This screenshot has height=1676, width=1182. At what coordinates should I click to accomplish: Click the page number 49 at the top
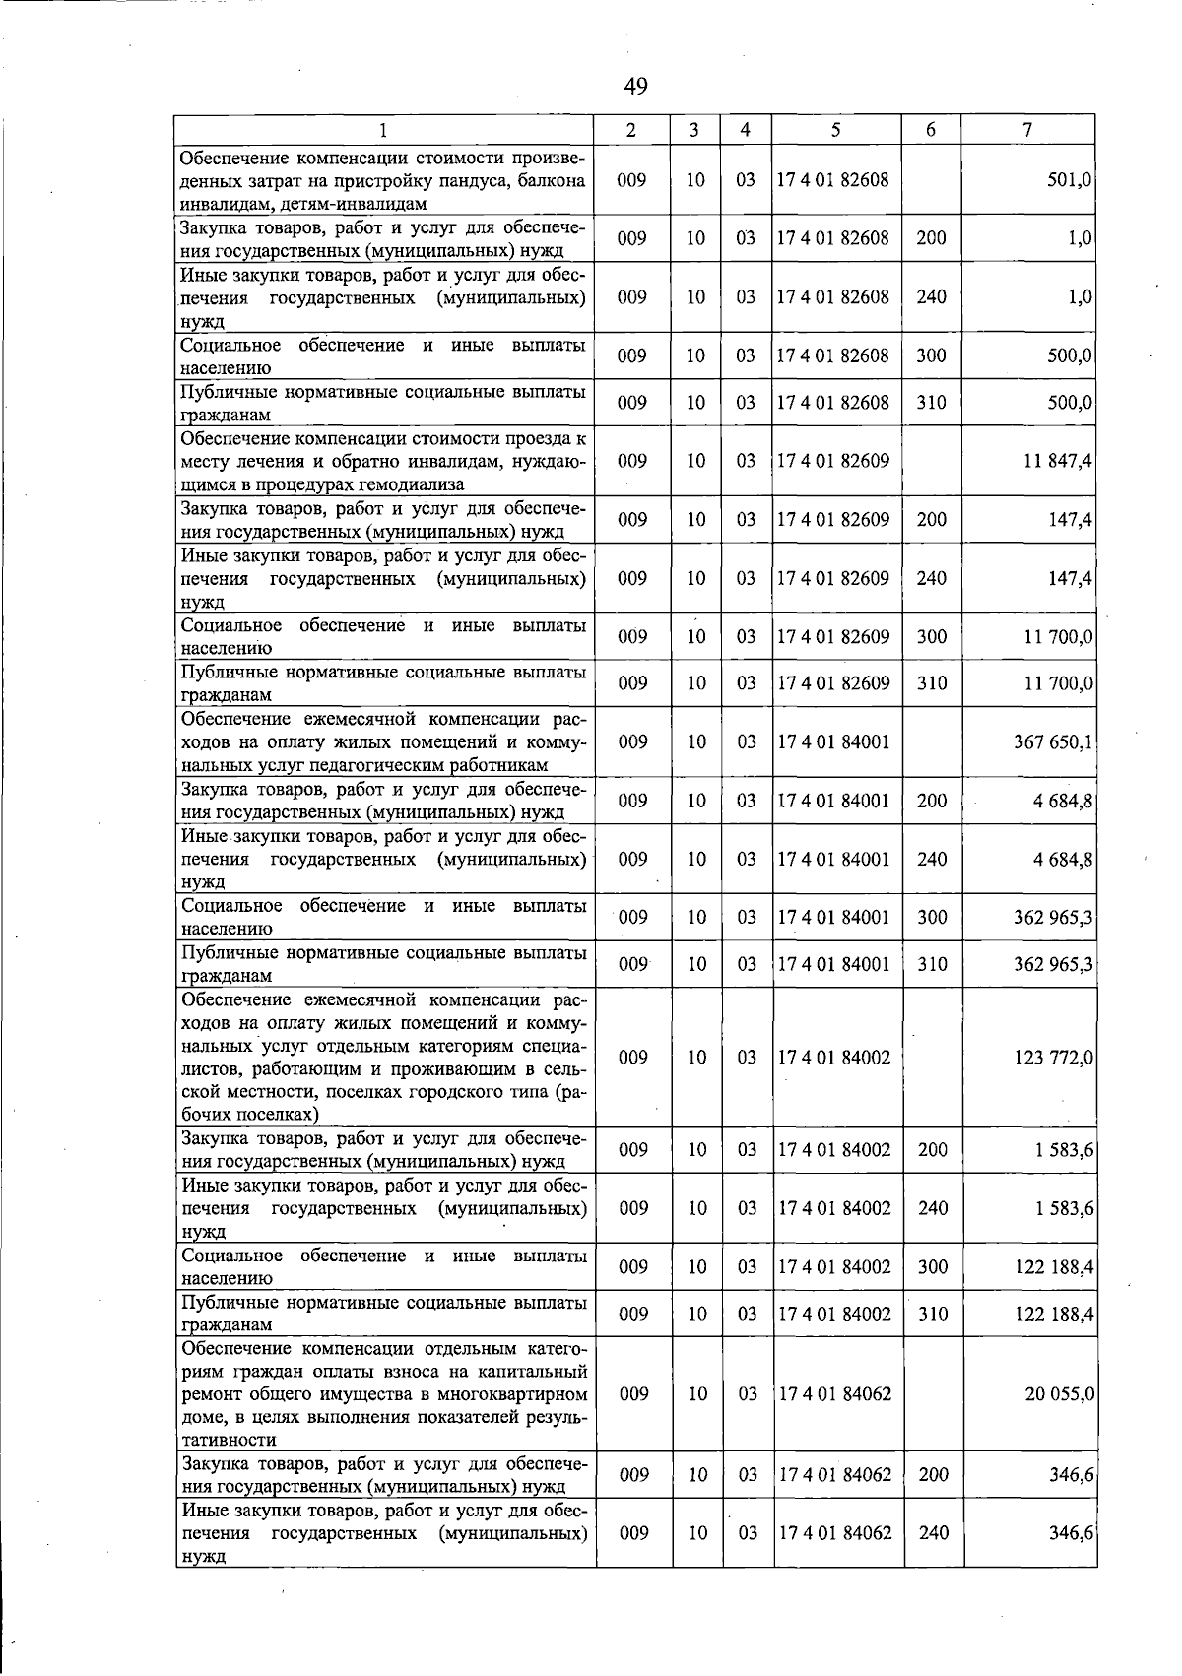pyautogui.click(x=635, y=87)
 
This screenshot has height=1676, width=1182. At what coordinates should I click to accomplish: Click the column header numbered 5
pyautogui.click(x=835, y=130)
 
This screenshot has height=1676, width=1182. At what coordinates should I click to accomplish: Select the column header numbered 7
pyautogui.click(x=1027, y=130)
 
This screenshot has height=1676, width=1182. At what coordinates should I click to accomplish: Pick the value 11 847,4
pyautogui.click(x=1057, y=461)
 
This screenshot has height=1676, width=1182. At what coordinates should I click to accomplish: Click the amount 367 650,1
pyautogui.click(x=1053, y=741)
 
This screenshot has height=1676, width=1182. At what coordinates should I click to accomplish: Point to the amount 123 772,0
pyautogui.click(x=1053, y=1058)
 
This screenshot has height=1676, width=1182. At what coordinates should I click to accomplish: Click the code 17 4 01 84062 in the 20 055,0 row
pyautogui.click(x=834, y=1394)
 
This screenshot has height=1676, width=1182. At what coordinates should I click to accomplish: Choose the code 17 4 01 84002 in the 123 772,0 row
pyautogui.click(x=834, y=1058)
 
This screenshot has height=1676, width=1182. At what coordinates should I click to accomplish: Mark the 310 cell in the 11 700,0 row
pyautogui.click(x=932, y=683)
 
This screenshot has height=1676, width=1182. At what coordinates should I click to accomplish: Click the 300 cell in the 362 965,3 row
pyautogui.click(x=932, y=918)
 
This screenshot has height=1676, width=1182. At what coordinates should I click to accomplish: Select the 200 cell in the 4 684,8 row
pyautogui.click(x=932, y=802)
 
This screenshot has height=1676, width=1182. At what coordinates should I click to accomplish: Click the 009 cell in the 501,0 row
pyautogui.click(x=632, y=180)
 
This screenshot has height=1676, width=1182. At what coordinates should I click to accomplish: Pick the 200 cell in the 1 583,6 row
pyautogui.click(x=932, y=1150)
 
